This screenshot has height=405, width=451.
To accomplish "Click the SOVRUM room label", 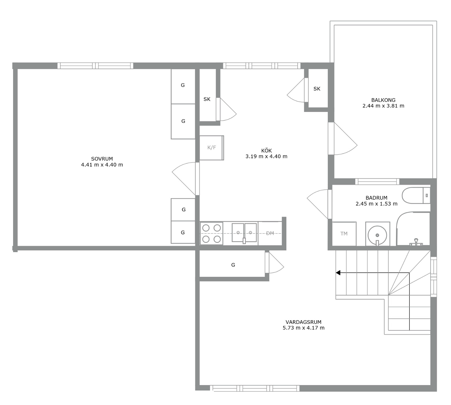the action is (x=102, y=159).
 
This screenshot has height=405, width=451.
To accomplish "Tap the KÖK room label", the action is (x=266, y=150).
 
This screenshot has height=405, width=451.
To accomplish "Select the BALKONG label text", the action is (x=383, y=100).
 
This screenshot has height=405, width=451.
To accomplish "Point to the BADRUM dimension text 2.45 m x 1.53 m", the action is (x=376, y=204).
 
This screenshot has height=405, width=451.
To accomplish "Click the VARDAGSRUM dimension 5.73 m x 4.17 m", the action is (x=303, y=328).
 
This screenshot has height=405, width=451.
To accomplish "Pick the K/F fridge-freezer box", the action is (x=212, y=148).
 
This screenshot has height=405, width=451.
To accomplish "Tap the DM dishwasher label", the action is (x=270, y=233).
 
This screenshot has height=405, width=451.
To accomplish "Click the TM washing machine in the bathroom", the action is (x=344, y=234).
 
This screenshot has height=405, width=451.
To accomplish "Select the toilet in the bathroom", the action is (x=416, y=195).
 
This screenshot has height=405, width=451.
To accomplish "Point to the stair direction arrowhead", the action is (x=338, y=273).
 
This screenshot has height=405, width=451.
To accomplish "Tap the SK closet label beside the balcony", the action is (x=317, y=89).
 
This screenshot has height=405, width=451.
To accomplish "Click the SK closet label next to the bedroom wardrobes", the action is (x=207, y=99).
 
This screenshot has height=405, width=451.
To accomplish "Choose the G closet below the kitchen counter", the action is (x=232, y=264).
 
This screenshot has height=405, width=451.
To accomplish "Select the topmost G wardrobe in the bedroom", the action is (x=183, y=86).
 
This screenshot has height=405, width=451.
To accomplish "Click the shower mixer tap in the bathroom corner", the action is (x=416, y=242).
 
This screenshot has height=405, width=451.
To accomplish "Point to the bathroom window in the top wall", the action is (x=377, y=181).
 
